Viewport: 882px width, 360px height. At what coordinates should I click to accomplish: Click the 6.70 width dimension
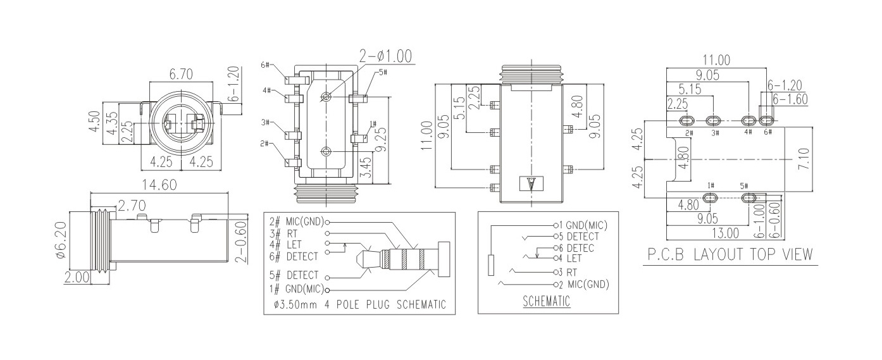182,75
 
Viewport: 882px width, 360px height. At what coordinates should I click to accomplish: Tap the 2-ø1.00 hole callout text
385,56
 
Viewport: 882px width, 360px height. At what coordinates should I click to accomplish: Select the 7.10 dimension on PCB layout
804,157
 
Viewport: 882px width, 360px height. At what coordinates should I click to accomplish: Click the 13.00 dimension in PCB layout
726,232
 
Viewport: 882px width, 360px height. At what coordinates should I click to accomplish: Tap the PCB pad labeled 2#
686,120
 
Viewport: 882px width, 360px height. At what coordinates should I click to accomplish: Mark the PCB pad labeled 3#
714,120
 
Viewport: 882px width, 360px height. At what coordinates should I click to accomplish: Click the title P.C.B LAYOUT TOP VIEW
730,254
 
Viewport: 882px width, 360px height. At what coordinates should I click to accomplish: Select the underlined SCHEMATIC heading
547,302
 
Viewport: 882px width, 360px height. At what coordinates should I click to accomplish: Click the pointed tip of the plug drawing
359,259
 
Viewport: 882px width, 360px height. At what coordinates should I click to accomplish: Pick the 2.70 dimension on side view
132,206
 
